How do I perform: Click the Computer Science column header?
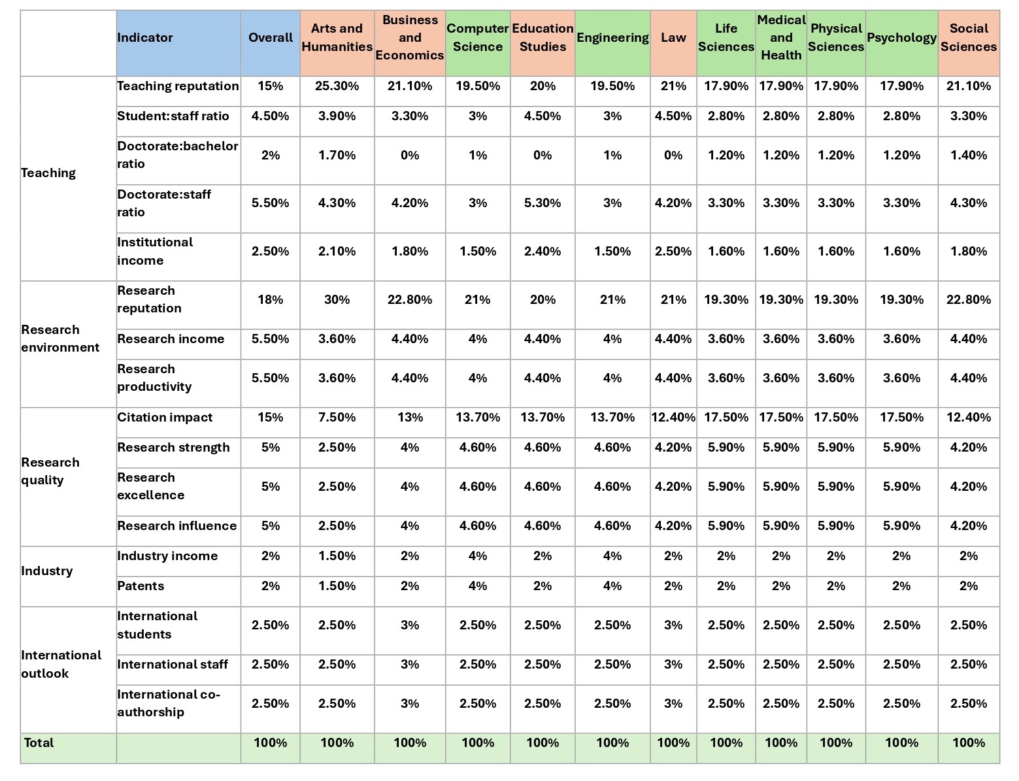[477, 37]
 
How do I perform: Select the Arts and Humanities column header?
[337, 37]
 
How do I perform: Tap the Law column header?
[673, 37]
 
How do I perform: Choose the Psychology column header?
[901, 37]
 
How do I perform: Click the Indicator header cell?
[145, 37]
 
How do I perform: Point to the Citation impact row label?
[165, 417]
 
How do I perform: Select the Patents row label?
[141, 586]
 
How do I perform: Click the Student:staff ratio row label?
[173, 116]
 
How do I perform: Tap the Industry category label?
[47, 571]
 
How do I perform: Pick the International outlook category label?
[61, 664]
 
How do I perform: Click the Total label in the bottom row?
[39, 742]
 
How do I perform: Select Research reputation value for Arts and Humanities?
[337, 299]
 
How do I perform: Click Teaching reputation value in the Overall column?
[270, 86]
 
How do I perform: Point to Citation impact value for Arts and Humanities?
[337, 417]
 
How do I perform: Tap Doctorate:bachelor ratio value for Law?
[673, 155]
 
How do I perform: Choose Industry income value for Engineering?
[612, 556]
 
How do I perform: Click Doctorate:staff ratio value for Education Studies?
[543, 203]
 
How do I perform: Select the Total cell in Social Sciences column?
[969, 742]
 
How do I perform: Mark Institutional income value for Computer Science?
[477, 251]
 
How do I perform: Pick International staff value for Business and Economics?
[409, 664]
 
